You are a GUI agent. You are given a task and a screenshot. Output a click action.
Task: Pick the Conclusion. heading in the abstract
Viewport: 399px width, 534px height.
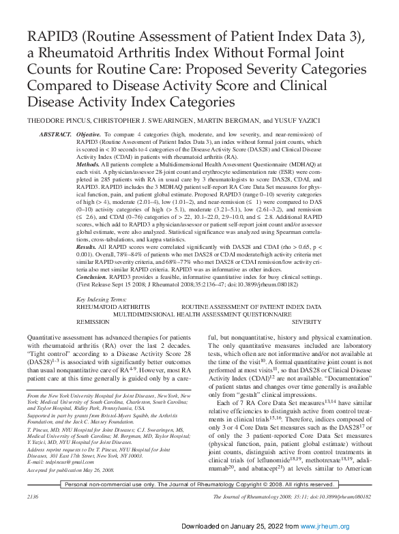click(91, 278)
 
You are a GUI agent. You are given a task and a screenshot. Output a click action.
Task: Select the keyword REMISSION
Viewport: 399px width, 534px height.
click(93, 320)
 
